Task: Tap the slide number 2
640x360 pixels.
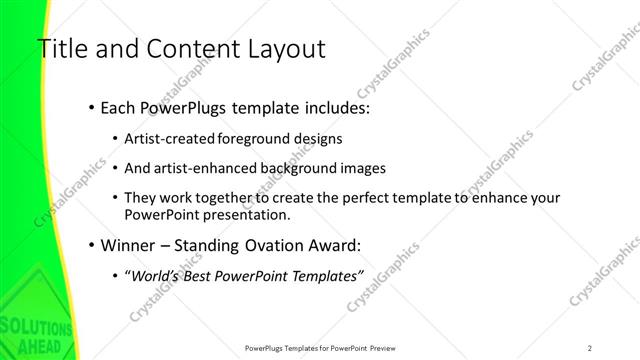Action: point(589,347)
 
